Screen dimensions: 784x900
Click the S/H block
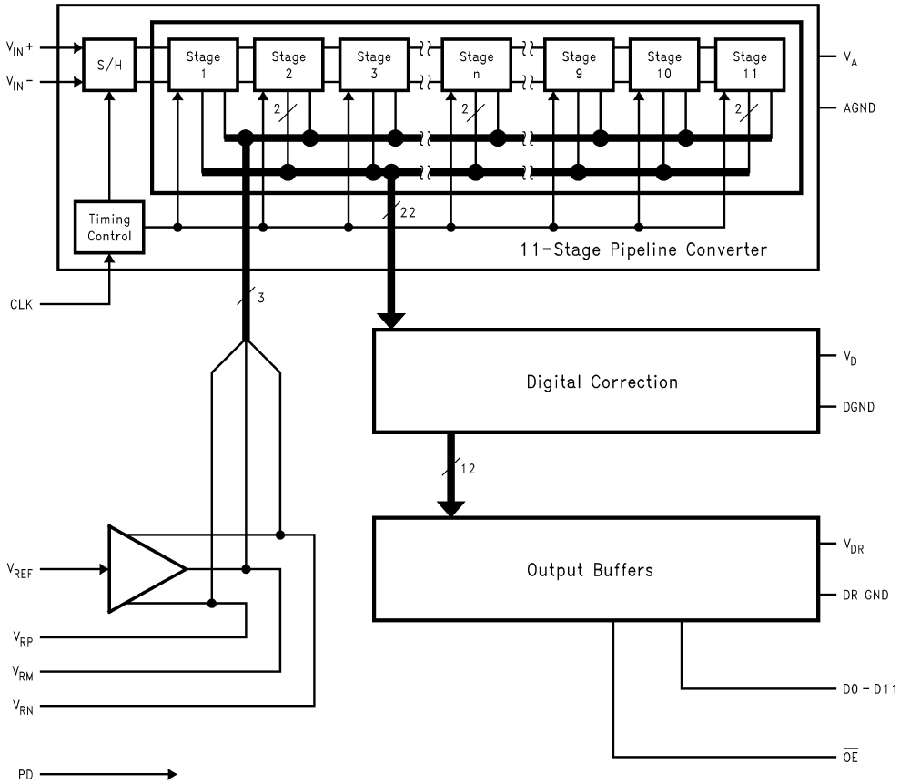point(105,65)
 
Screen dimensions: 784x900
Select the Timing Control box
point(109,228)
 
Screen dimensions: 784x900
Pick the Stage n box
point(475,65)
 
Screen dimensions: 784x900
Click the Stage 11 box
point(749,65)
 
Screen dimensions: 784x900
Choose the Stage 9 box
point(579,65)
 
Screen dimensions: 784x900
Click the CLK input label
point(20,304)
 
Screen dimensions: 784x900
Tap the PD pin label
point(16,775)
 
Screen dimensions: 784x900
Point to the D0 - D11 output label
point(869,688)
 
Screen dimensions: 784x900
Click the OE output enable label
point(851,756)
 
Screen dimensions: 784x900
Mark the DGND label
point(858,407)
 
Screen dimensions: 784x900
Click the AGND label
point(858,107)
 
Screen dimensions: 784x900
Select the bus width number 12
point(468,470)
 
